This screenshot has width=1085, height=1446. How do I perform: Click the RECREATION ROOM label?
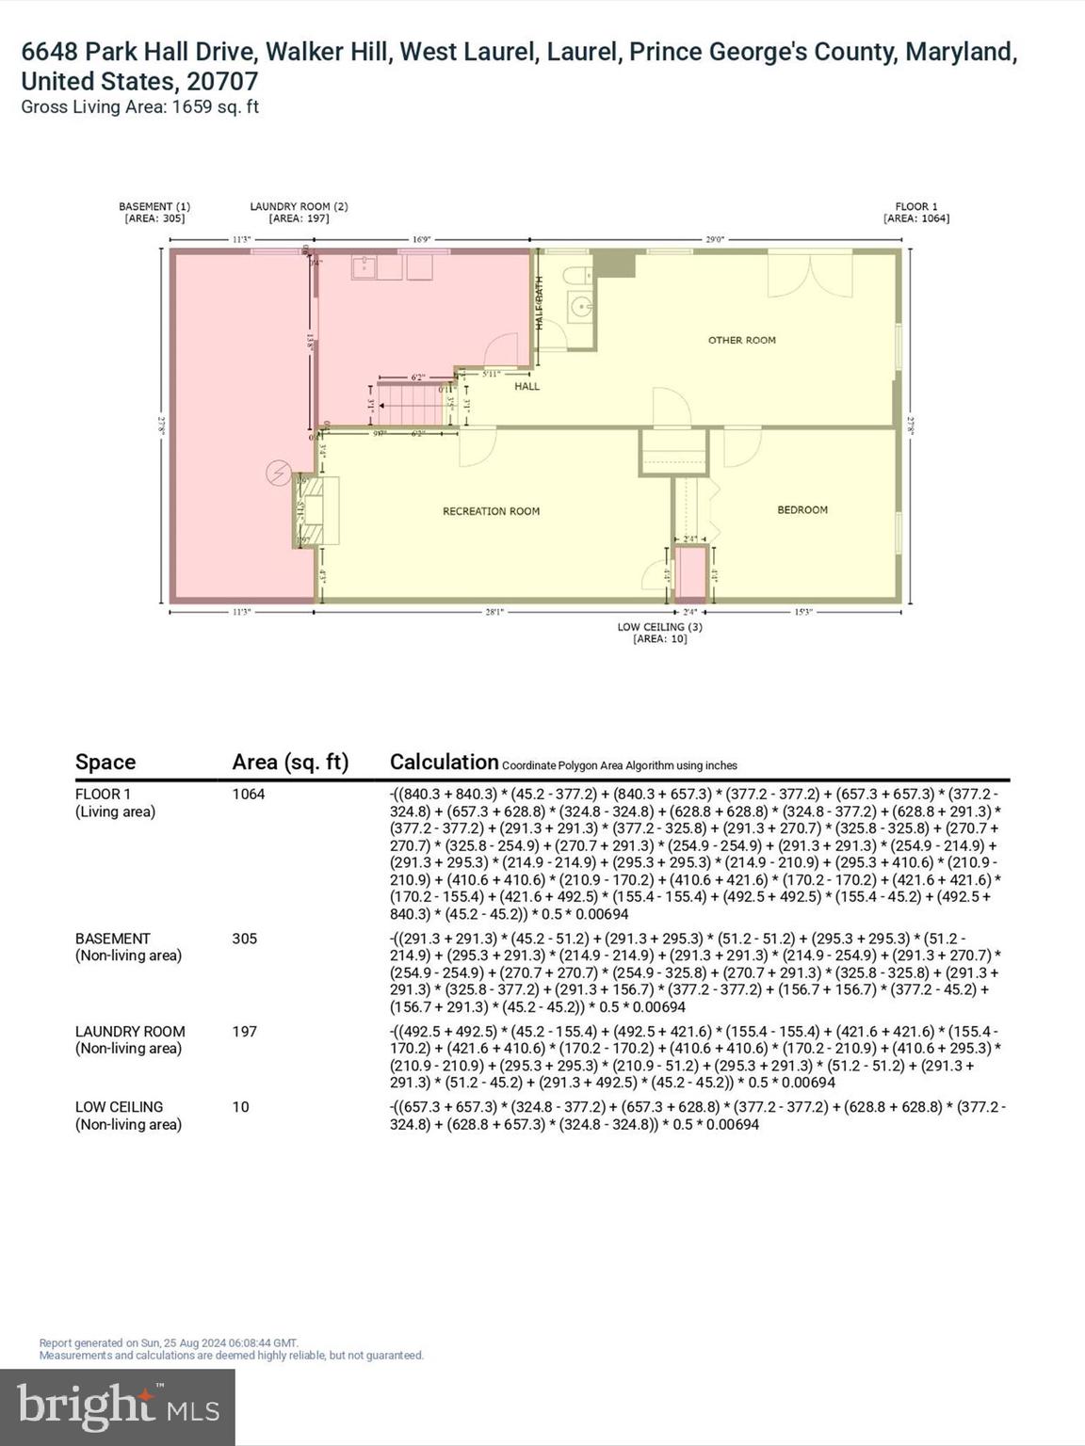pos(491,511)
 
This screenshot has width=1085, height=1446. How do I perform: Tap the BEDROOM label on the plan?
pos(802,509)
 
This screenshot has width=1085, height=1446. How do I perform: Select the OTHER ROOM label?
pos(741,340)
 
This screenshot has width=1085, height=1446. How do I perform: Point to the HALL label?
pos(526,386)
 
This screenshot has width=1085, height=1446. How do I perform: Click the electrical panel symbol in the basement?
pos(279,474)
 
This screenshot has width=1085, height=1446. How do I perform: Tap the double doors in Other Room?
pos(809,274)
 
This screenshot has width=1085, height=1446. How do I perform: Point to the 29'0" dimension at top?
pos(715,240)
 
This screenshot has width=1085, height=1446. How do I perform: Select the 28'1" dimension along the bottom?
pos(494,612)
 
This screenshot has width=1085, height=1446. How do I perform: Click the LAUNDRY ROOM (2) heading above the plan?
pos(299,212)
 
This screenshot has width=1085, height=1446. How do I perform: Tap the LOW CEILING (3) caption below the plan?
pos(659,632)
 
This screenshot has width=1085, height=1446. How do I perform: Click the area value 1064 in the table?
pos(249,794)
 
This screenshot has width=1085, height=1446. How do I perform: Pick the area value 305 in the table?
pos(244,939)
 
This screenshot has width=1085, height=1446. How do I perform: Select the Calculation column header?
pos(444,762)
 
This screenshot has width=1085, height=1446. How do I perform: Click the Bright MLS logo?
pos(118,1406)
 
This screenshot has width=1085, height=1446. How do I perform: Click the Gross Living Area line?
pos(139,106)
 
